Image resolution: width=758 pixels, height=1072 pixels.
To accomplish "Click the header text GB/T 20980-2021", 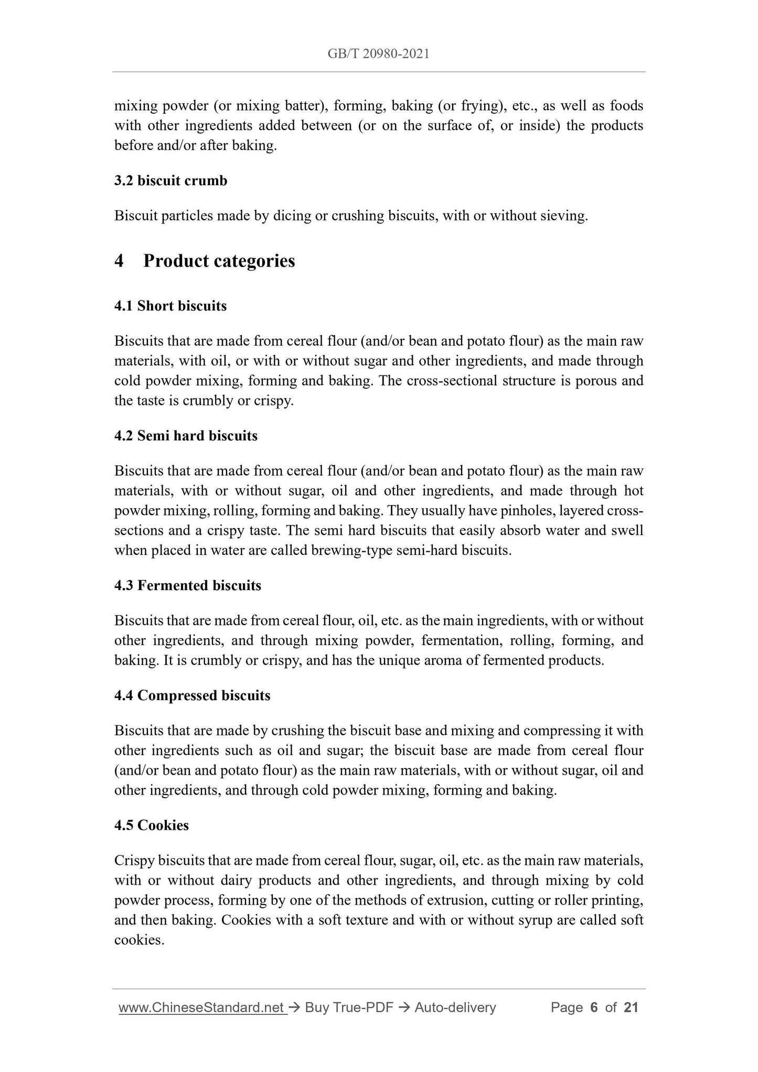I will coord(378,53).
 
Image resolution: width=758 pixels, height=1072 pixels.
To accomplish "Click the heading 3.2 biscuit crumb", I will coord(170,181).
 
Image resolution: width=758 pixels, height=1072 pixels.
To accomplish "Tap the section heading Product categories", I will coord(219,261).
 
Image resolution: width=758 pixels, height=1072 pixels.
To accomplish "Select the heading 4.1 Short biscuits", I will coord(170,306).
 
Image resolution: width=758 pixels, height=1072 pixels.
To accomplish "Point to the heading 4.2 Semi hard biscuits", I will coord(186,436).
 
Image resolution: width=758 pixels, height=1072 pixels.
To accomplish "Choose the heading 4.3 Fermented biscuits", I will coord(187,585).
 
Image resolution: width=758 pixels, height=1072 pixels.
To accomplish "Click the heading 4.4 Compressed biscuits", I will coord(192,695).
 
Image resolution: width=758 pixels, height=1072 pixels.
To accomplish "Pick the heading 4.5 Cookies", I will coord(151,826).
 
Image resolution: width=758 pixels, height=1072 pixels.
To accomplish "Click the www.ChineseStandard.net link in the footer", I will coord(202,1007).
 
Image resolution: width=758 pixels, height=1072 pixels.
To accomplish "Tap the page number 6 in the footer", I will coord(594,1007).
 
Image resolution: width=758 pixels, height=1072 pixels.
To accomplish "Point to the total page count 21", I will coord(631,1007).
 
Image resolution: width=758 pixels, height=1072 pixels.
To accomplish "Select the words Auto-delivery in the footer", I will coord(455,1007).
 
